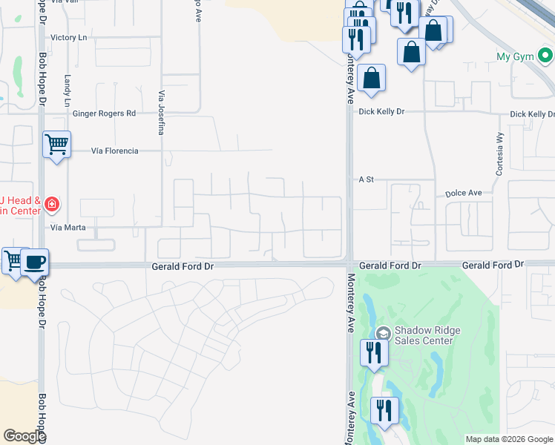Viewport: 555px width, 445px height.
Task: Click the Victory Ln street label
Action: (x=68, y=37)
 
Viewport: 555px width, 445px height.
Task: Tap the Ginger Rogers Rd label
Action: (x=105, y=113)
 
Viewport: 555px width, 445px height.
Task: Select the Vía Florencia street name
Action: (x=114, y=151)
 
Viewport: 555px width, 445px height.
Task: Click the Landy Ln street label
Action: (x=67, y=88)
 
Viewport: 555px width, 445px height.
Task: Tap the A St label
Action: (x=366, y=179)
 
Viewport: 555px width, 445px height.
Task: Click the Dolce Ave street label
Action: (x=464, y=193)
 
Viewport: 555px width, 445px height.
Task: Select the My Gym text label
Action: (x=515, y=56)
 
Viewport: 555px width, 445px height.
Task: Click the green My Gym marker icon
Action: (x=546, y=56)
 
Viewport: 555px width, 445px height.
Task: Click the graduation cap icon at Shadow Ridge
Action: (x=383, y=332)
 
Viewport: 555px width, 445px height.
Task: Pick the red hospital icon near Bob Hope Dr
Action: (x=51, y=203)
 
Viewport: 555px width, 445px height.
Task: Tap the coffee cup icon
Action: (x=35, y=262)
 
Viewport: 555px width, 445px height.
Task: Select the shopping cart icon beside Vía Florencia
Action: (x=56, y=144)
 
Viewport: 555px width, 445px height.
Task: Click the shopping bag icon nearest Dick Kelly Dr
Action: (x=371, y=78)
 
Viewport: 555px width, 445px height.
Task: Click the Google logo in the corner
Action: (x=25, y=437)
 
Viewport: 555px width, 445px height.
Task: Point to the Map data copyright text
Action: (x=508, y=439)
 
